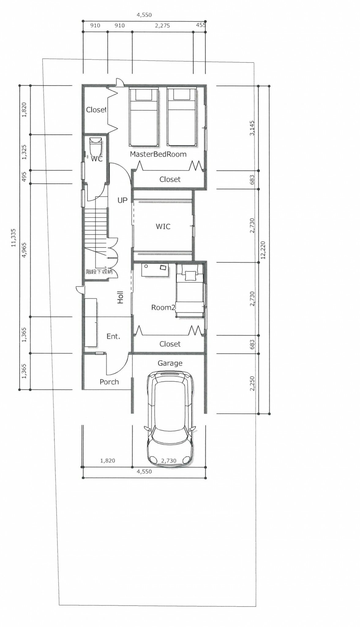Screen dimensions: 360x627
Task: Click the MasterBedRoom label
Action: pos(158,154)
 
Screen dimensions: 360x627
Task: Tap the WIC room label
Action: pos(163,227)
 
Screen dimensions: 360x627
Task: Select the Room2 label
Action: pos(163,307)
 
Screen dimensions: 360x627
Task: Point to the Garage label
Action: pos(170,363)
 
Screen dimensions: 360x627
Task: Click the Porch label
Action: pos(109,382)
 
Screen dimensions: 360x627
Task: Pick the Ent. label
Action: pos(113,336)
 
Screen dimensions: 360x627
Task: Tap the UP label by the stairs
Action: pos(122,200)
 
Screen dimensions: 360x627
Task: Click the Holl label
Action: pos(120,297)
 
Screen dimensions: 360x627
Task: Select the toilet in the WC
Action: pos(96,147)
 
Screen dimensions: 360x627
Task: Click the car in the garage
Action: pos(170,419)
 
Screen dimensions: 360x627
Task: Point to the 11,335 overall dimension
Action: pos(13,238)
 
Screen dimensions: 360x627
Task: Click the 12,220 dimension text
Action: pos(263,250)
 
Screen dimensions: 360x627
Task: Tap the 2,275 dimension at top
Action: pos(162,25)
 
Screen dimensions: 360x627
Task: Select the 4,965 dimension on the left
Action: pos(24,250)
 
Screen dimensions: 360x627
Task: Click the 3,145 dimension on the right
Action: pos(252,128)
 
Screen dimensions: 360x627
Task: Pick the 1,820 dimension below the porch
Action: pos(108,460)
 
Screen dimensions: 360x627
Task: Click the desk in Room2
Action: pos(155,270)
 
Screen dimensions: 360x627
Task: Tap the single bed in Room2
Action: pos(190,291)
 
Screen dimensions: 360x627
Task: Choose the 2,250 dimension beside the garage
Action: pos(252,383)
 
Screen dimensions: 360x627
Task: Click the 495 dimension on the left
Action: pos(24,177)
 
